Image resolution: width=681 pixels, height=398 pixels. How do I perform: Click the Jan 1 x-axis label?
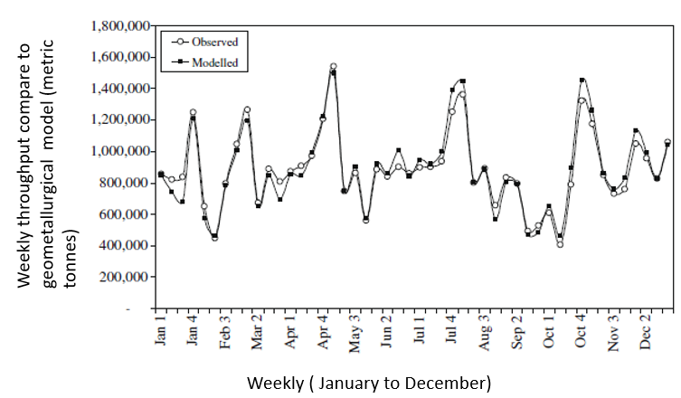click(161, 333)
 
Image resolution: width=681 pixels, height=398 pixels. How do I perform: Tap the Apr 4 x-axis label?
click(323, 333)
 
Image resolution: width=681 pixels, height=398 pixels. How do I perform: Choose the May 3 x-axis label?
click(355, 333)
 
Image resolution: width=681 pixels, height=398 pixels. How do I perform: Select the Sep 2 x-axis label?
click(517, 333)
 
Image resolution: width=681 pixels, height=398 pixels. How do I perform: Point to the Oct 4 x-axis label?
click(582, 333)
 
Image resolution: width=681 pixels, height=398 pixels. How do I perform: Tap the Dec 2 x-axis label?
click(646, 333)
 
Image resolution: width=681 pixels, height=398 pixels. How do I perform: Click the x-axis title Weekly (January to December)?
click(370, 382)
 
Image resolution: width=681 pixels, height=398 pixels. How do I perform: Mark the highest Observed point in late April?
click(334, 67)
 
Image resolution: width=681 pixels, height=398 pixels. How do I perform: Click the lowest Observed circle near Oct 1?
click(561, 244)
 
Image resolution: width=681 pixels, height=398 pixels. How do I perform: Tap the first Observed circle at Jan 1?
click(161, 174)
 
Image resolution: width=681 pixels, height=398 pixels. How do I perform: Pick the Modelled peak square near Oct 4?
click(582, 81)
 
